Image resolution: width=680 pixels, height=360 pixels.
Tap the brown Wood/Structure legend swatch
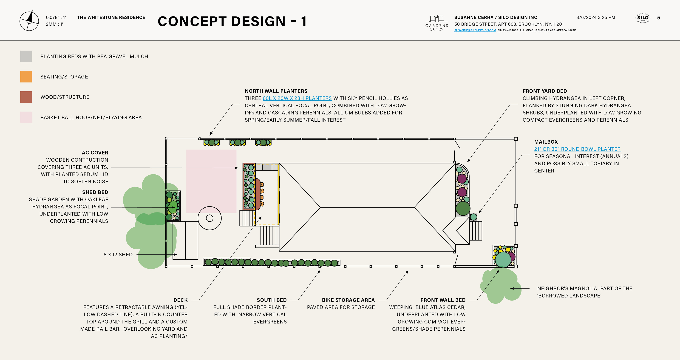[x=26, y=97]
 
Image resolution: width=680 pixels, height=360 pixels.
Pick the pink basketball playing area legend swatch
[x=26, y=117]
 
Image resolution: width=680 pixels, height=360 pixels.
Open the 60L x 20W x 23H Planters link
[x=297, y=98]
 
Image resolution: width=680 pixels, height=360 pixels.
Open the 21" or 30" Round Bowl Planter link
[x=577, y=149]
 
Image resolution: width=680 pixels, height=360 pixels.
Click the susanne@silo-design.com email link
[x=475, y=30]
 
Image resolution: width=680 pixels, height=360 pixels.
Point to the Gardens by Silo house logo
[x=437, y=19]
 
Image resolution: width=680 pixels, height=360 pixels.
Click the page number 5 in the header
[x=659, y=18]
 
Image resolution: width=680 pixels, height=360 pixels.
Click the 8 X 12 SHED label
[x=118, y=254]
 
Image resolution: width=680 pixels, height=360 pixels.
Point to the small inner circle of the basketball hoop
[x=210, y=218]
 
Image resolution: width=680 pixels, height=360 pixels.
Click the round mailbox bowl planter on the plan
[x=474, y=217]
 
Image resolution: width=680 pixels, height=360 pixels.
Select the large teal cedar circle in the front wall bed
[x=503, y=260]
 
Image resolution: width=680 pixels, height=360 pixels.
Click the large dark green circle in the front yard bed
[x=463, y=208]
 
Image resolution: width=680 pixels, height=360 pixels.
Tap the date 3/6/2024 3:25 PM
[x=596, y=17]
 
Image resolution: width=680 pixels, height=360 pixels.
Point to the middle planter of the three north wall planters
[x=238, y=143]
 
